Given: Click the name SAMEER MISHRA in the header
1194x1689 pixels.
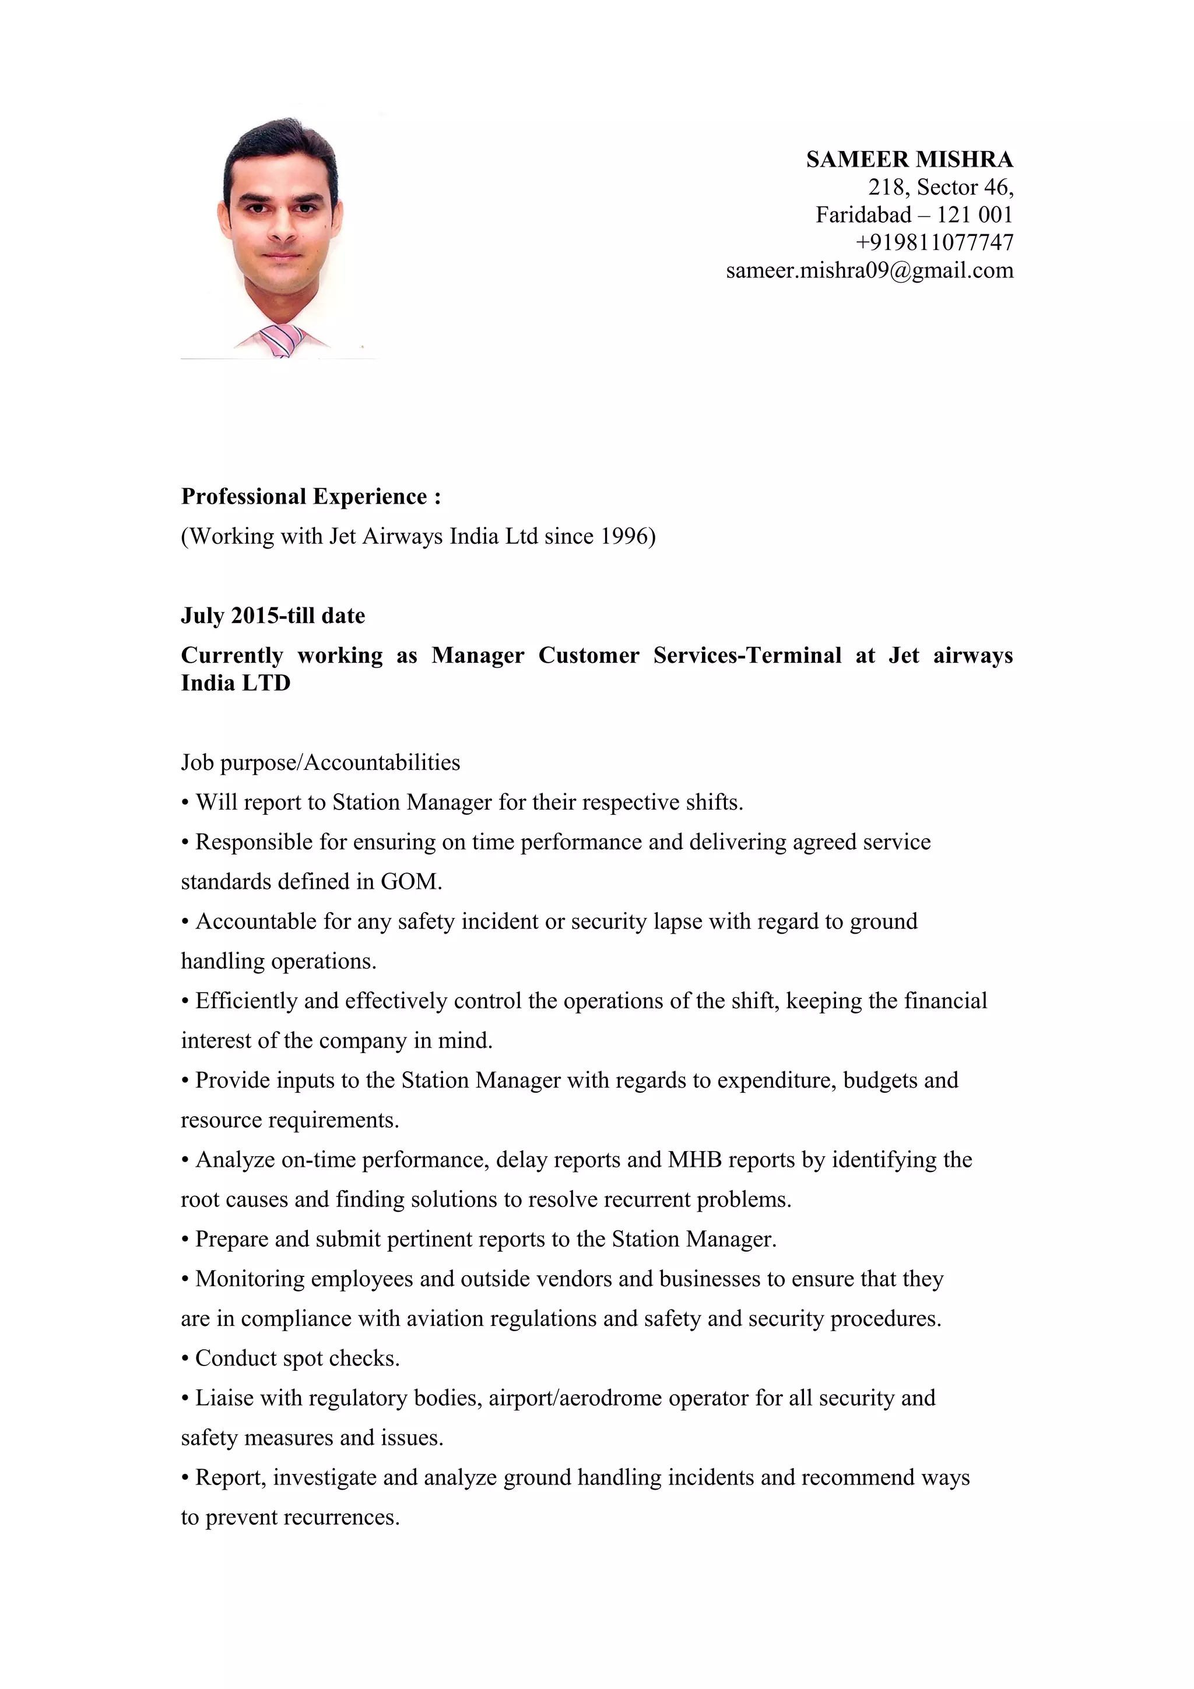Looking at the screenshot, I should tap(909, 160).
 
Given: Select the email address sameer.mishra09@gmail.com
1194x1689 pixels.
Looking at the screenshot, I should tap(870, 270).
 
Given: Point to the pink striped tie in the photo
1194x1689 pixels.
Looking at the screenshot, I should tap(281, 339).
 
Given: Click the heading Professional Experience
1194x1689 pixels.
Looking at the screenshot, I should tap(311, 497).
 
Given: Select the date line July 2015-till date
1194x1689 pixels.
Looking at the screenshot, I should tap(273, 615).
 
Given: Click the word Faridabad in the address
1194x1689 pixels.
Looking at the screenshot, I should tap(863, 215).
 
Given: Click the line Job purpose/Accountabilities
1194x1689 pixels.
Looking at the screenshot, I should tap(320, 762).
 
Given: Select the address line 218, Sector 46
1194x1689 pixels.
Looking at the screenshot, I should tap(940, 188).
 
